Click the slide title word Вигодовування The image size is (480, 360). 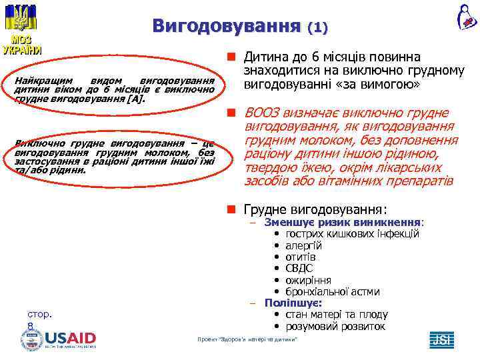[x=226, y=26]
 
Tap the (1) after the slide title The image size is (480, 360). [x=317, y=28]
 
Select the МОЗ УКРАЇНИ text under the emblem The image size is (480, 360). [x=22, y=45]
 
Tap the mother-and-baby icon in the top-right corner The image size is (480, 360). [x=466, y=16]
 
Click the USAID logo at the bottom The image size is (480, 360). [x=69, y=338]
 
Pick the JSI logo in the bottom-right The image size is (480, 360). [x=441, y=339]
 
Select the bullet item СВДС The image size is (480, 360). [x=299, y=268]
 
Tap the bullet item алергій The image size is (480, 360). [x=303, y=245]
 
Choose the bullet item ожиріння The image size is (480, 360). [x=308, y=280]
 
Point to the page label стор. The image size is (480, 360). [x=41, y=314]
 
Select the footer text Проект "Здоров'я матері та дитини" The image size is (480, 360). [x=247, y=340]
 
